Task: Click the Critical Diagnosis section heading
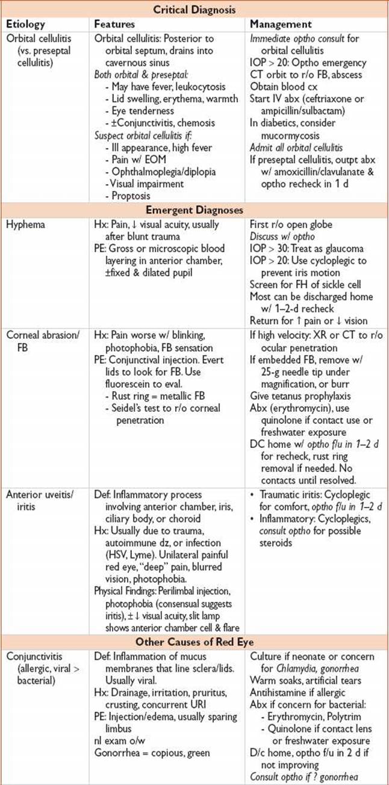pos(194,10)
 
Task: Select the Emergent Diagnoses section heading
pos(194,210)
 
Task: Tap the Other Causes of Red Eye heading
pos(194,639)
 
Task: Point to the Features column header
pos(114,24)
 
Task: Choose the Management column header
pos(281,24)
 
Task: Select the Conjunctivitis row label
pos(33,655)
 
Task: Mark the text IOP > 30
pos(270,249)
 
